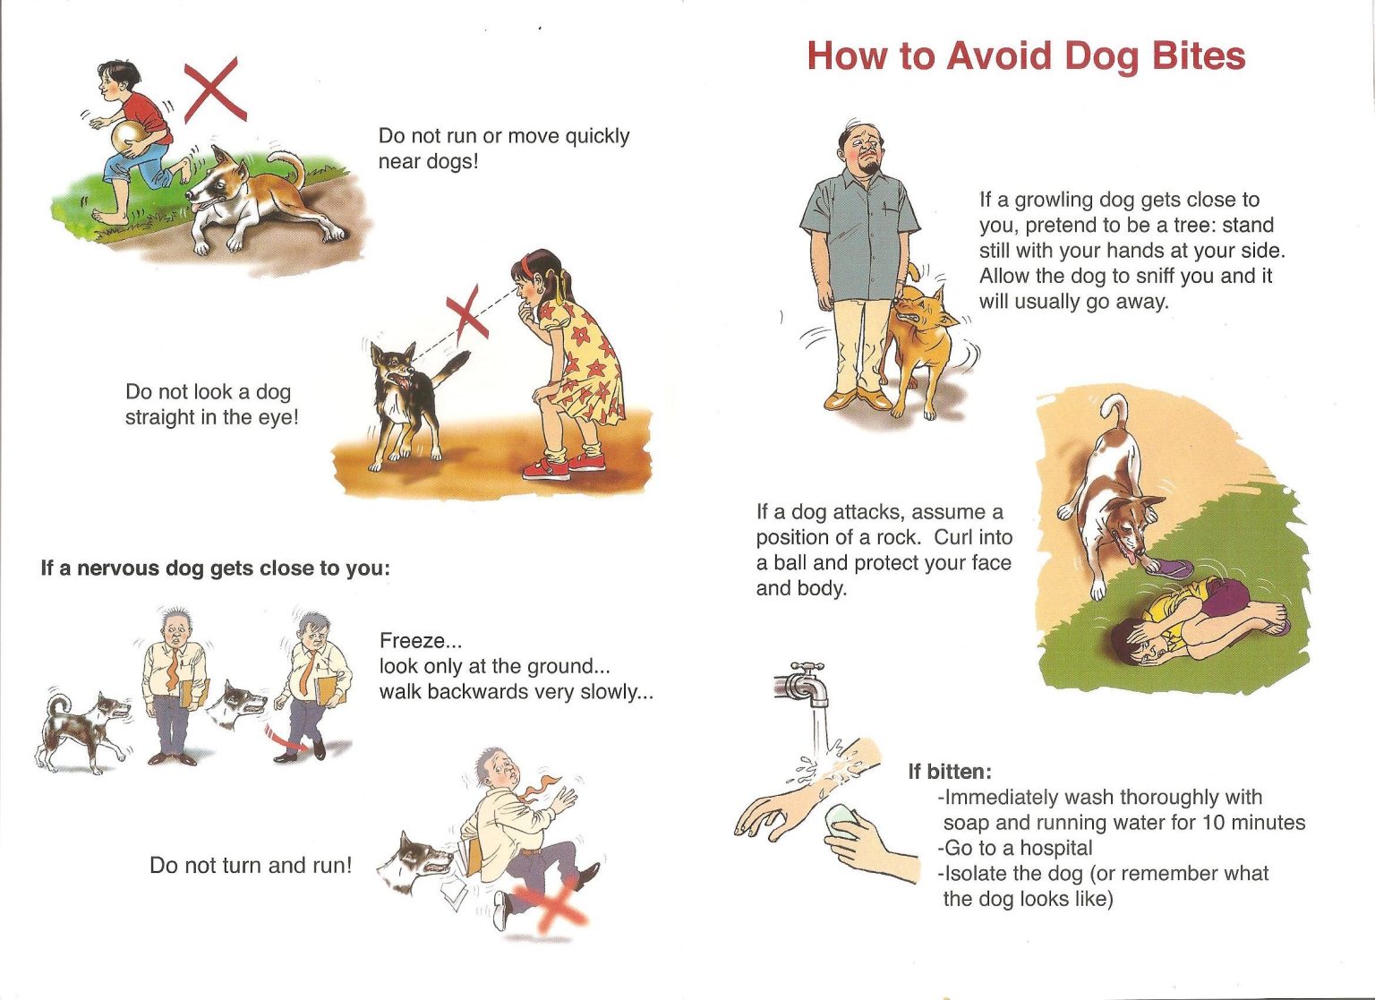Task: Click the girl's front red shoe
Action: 546,469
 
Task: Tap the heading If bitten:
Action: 950,772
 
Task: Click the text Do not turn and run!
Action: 251,865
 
